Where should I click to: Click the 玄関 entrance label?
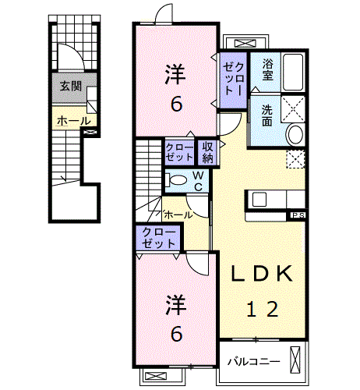click(71, 87)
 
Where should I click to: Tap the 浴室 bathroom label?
click(267, 69)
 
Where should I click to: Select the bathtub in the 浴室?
click(293, 72)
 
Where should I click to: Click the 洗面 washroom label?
click(267, 115)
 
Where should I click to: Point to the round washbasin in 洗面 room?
click(295, 135)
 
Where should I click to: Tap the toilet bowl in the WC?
click(178, 180)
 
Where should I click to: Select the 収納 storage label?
click(208, 153)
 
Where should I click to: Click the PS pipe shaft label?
click(298, 215)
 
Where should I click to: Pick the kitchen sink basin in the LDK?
click(259, 200)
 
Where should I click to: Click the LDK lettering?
click(262, 274)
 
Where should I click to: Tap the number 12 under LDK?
click(263, 309)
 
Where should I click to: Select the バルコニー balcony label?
click(254, 362)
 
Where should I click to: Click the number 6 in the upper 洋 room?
click(176, 105)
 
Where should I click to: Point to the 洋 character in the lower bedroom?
click(176, 305)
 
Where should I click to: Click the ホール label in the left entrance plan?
click(74, 121)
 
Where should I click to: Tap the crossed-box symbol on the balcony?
click(295, 360)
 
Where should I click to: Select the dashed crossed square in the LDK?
click(295, 159)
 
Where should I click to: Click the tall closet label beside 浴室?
click(234, 79)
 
